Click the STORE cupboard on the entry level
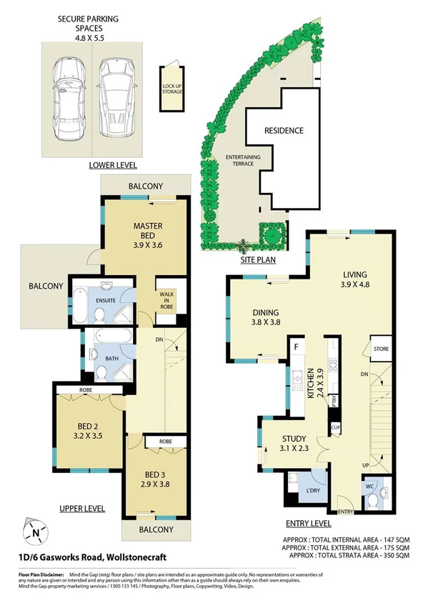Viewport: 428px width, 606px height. click(x=379, y=349)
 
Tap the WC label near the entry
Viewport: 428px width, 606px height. click(x=369, y=486)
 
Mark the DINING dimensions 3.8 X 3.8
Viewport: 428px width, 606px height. click(x=264, y=322)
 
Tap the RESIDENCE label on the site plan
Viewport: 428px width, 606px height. click(x=284, y=131)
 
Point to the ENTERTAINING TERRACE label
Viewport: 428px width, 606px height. click(x=243, y=160)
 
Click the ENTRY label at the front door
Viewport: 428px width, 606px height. click(x=346, y=512)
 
